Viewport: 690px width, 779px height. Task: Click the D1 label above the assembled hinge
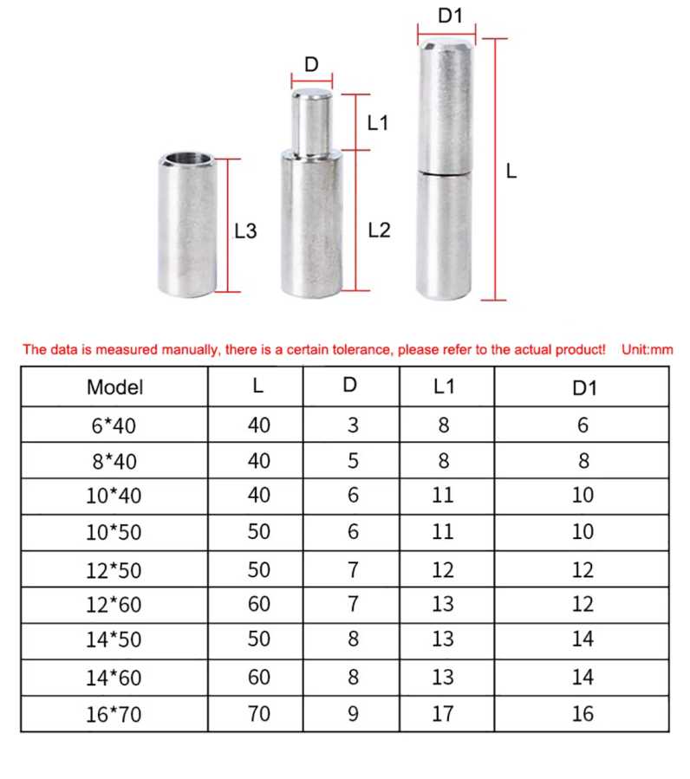[450, 16]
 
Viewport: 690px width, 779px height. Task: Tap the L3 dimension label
[245, 231]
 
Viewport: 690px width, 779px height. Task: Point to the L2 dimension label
[380, 230]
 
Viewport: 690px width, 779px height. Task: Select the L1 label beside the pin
[378, 123]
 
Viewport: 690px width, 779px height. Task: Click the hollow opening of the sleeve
[188, 159]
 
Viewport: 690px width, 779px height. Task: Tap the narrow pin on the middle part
[312, 122]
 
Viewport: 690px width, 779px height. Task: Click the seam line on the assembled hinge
[444, 173]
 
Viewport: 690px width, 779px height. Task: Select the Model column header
[114, 387]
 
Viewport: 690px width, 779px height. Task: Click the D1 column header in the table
[584, 388]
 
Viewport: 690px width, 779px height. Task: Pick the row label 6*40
[114, 425]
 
